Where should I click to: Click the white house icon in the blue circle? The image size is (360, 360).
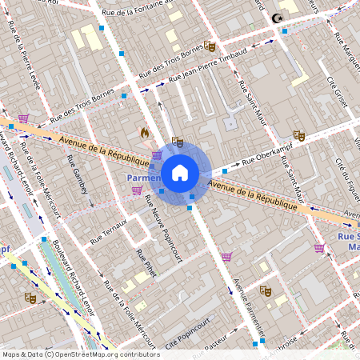[180, 173]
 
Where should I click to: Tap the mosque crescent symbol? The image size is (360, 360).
[278, 18]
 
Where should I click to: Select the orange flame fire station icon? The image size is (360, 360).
[145, 132]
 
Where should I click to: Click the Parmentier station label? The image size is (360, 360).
[143, 177]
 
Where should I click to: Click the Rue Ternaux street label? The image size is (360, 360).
[108, 231]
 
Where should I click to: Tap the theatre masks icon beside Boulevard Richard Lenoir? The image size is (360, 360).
[30, 298]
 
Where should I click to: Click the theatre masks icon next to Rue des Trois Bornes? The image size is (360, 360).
[210, 46]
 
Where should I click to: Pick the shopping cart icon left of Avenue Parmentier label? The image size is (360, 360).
[227, 257]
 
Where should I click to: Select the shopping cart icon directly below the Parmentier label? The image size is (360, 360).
[137, 190]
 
